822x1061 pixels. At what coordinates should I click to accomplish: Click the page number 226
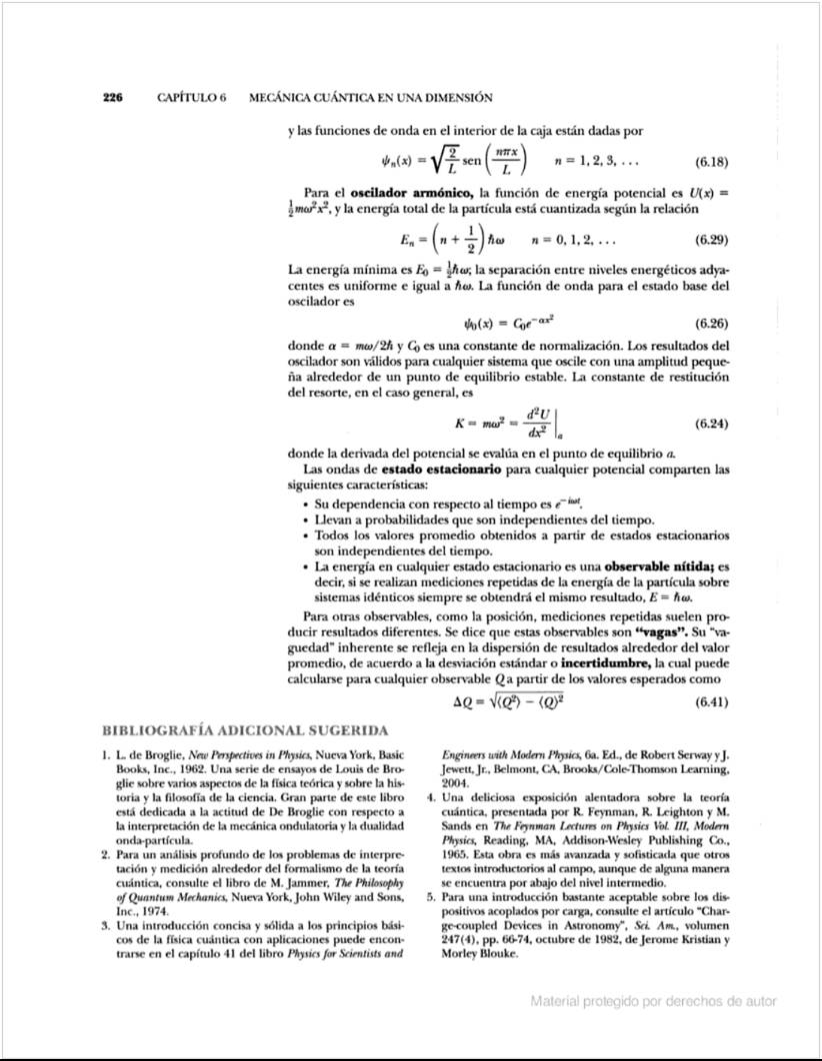[x=112, y=98]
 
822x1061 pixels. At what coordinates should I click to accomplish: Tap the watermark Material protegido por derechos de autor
[x=654, y=1001]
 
